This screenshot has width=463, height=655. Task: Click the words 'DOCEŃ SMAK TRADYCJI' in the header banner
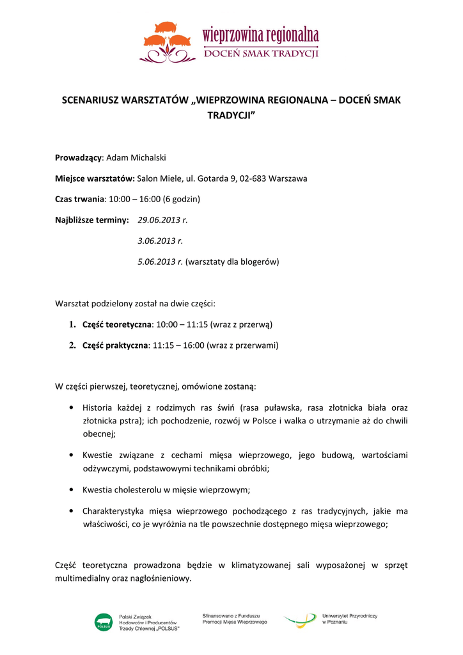[261, 54]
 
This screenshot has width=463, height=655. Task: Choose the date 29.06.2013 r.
[162, 220]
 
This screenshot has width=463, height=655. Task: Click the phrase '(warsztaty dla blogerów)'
[232, 262]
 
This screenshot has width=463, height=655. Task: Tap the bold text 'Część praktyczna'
[115, 345]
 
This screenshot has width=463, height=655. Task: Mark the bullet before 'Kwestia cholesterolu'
[70, 490]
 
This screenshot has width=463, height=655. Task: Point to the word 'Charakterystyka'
[114, 511]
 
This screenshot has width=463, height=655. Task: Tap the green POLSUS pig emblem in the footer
[103, 622]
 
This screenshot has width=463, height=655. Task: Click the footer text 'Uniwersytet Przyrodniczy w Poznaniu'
[350, 619]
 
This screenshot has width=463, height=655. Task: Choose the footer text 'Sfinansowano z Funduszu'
[230, 615]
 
